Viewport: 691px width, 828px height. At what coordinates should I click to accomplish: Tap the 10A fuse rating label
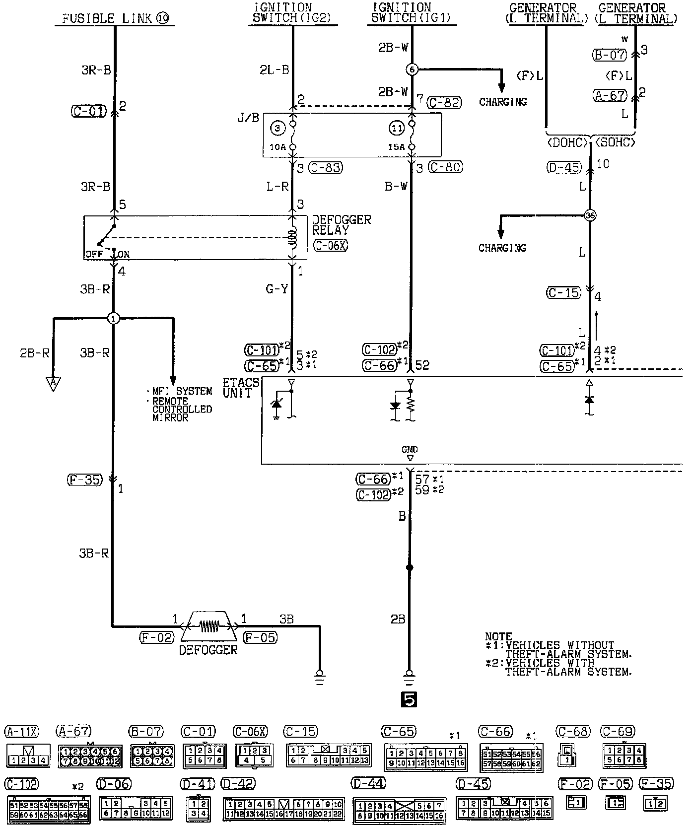[278, 147]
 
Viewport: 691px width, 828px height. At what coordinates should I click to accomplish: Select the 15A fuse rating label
[397, 147]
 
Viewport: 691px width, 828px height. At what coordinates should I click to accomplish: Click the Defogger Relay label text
[341, 225]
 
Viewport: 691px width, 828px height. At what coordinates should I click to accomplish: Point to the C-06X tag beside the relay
[331, 245]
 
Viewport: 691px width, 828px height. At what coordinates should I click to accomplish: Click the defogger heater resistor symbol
[208, 626]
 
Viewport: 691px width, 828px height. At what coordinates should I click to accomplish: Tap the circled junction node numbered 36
[590, 215]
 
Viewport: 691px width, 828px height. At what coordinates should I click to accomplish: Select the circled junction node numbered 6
[412, 69]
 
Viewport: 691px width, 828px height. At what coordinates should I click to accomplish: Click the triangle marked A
[52, 383]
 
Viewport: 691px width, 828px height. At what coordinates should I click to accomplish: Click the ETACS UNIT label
[241, 388]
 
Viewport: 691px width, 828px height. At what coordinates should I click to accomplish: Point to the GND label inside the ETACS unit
[410, 449]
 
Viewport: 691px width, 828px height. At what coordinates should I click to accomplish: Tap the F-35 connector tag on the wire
[84, 480]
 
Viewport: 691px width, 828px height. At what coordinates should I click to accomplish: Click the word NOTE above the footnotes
[498, 636]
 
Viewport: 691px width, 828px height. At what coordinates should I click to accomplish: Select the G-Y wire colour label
[276, 289]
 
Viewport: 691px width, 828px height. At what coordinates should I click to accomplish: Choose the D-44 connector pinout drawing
[399, 810]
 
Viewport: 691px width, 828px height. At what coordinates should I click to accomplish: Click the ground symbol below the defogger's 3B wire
[320, 677]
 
